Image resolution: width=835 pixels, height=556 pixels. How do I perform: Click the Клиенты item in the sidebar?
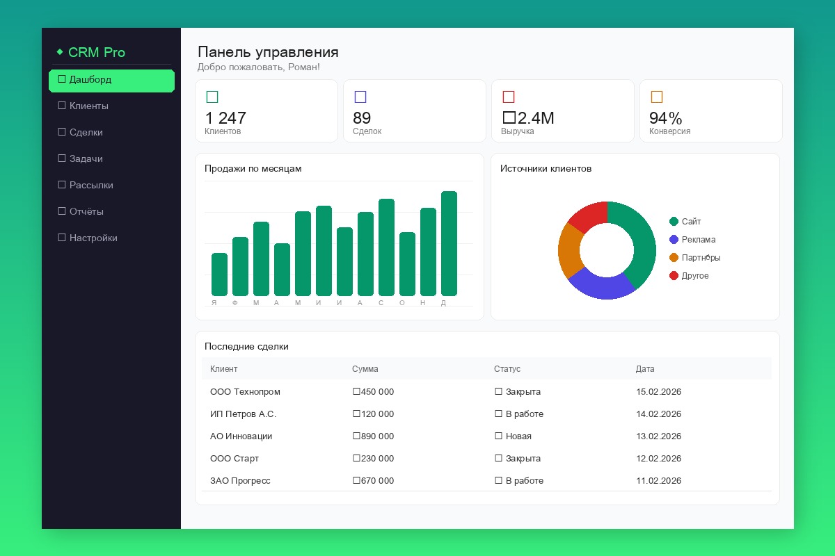pos(88,106)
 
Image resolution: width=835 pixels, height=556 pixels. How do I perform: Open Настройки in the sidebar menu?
pos(93,238)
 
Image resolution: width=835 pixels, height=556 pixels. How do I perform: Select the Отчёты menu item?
pos(86,212)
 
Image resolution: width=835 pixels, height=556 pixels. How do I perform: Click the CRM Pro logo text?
pos(96,53)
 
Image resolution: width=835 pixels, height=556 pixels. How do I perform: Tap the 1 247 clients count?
pos(225,118)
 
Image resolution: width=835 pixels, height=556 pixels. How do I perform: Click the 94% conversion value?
pos(665,118)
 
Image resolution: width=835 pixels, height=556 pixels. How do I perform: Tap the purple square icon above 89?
pos(360,97)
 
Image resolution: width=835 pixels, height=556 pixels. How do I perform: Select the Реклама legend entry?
pos(698,240)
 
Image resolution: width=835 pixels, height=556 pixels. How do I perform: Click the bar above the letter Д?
pos(449,243)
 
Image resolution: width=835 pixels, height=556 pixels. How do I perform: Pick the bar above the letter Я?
pos(219,275)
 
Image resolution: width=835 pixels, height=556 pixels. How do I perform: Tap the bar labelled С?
pos(386,247)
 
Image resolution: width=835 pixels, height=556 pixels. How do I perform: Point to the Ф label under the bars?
pos(235,302)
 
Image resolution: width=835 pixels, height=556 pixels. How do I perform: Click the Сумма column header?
pos(365,369)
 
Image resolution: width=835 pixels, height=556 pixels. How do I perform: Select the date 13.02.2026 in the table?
pos(658,436)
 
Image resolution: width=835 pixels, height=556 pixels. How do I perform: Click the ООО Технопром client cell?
pos(245,392)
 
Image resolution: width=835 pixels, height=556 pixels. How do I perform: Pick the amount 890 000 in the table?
pos(373,436)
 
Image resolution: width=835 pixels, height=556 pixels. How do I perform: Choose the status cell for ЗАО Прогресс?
pos(519,481)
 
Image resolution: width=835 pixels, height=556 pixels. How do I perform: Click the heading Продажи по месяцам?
pos(253,169)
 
